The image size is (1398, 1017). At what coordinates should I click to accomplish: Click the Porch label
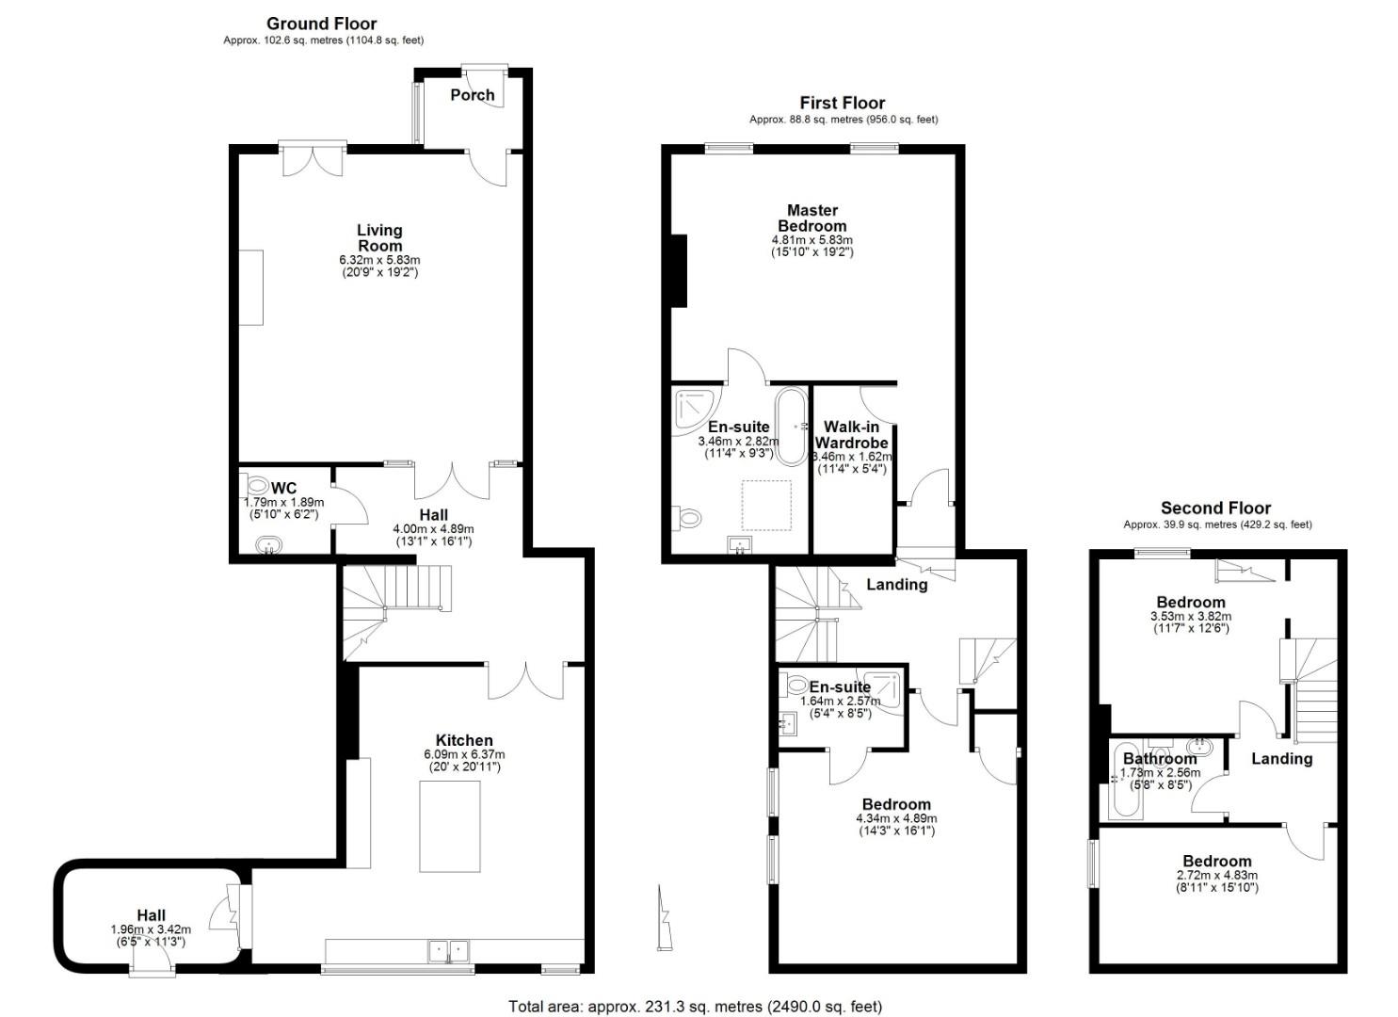(472, 94)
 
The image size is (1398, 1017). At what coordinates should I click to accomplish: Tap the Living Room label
(379, 237)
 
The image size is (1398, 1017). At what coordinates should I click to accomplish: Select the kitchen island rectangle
(450, 826)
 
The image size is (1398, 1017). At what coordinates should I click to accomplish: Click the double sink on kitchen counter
(449, 950)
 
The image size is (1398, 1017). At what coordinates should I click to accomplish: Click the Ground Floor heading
(321, 24)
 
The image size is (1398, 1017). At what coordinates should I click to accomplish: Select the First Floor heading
(842, 103)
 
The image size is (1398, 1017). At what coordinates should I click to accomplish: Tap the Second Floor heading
(1215, 508)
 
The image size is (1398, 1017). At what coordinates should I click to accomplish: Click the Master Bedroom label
(811, 218)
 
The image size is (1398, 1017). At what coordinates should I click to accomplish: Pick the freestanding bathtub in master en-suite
(790, 425)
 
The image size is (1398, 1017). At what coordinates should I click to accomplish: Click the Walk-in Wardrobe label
(851, 435)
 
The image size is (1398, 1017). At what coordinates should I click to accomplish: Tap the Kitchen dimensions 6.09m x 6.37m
(464, 754)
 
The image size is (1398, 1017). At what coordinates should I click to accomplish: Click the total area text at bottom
(695, 1006)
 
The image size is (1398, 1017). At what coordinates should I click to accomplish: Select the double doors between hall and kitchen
(526, 680)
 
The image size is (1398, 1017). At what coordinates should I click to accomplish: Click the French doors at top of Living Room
(313, 160)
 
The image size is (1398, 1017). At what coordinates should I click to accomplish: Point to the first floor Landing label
(896, 585)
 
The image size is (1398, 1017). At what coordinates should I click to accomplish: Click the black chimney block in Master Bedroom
(678, 270)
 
